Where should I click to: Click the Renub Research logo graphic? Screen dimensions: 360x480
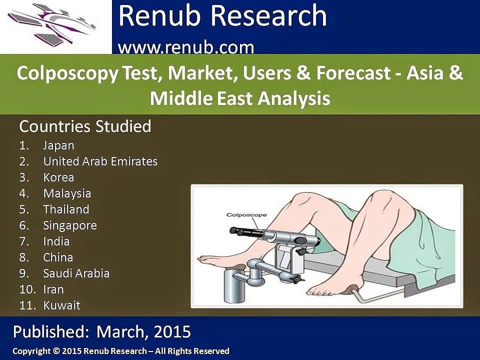pyautogui.click(x=55, y=26)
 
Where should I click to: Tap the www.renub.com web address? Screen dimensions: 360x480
pyautogui.click(x=186, y=48)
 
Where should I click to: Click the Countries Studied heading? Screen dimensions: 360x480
pyautogui.click(x=85, y=126)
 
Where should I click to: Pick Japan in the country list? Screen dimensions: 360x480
pyautogui.click(x=58, y=145)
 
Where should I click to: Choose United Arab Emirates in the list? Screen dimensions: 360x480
pyautogui.click(x=100, y=161)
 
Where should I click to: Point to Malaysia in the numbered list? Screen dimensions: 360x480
pyautogui.click(x=67, y=193)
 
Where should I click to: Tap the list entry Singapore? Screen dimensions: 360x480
pyautogui.click(x=69, y=225)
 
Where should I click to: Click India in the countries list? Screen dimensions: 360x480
pyautogui.click(x=56, y=241)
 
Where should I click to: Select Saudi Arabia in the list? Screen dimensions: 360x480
pyautogui.click(x=76, y=273)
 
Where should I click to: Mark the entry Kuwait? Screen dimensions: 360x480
pyautogui.click(x=61, y=305)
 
